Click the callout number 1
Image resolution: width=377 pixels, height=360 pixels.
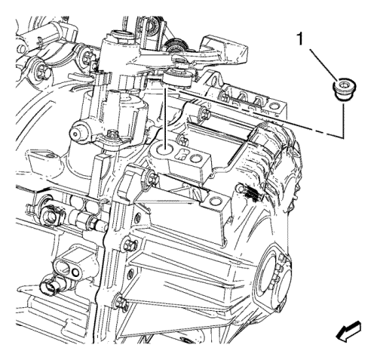point(299,40)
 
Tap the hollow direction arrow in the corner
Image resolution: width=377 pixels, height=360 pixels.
point(348,331)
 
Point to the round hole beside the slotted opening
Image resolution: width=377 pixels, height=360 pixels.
point(196,158)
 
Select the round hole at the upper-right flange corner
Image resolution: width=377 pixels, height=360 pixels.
point(273,106)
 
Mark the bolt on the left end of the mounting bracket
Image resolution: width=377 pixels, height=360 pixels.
point(152,178)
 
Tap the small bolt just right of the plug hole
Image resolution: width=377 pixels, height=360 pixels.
point(182,141)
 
